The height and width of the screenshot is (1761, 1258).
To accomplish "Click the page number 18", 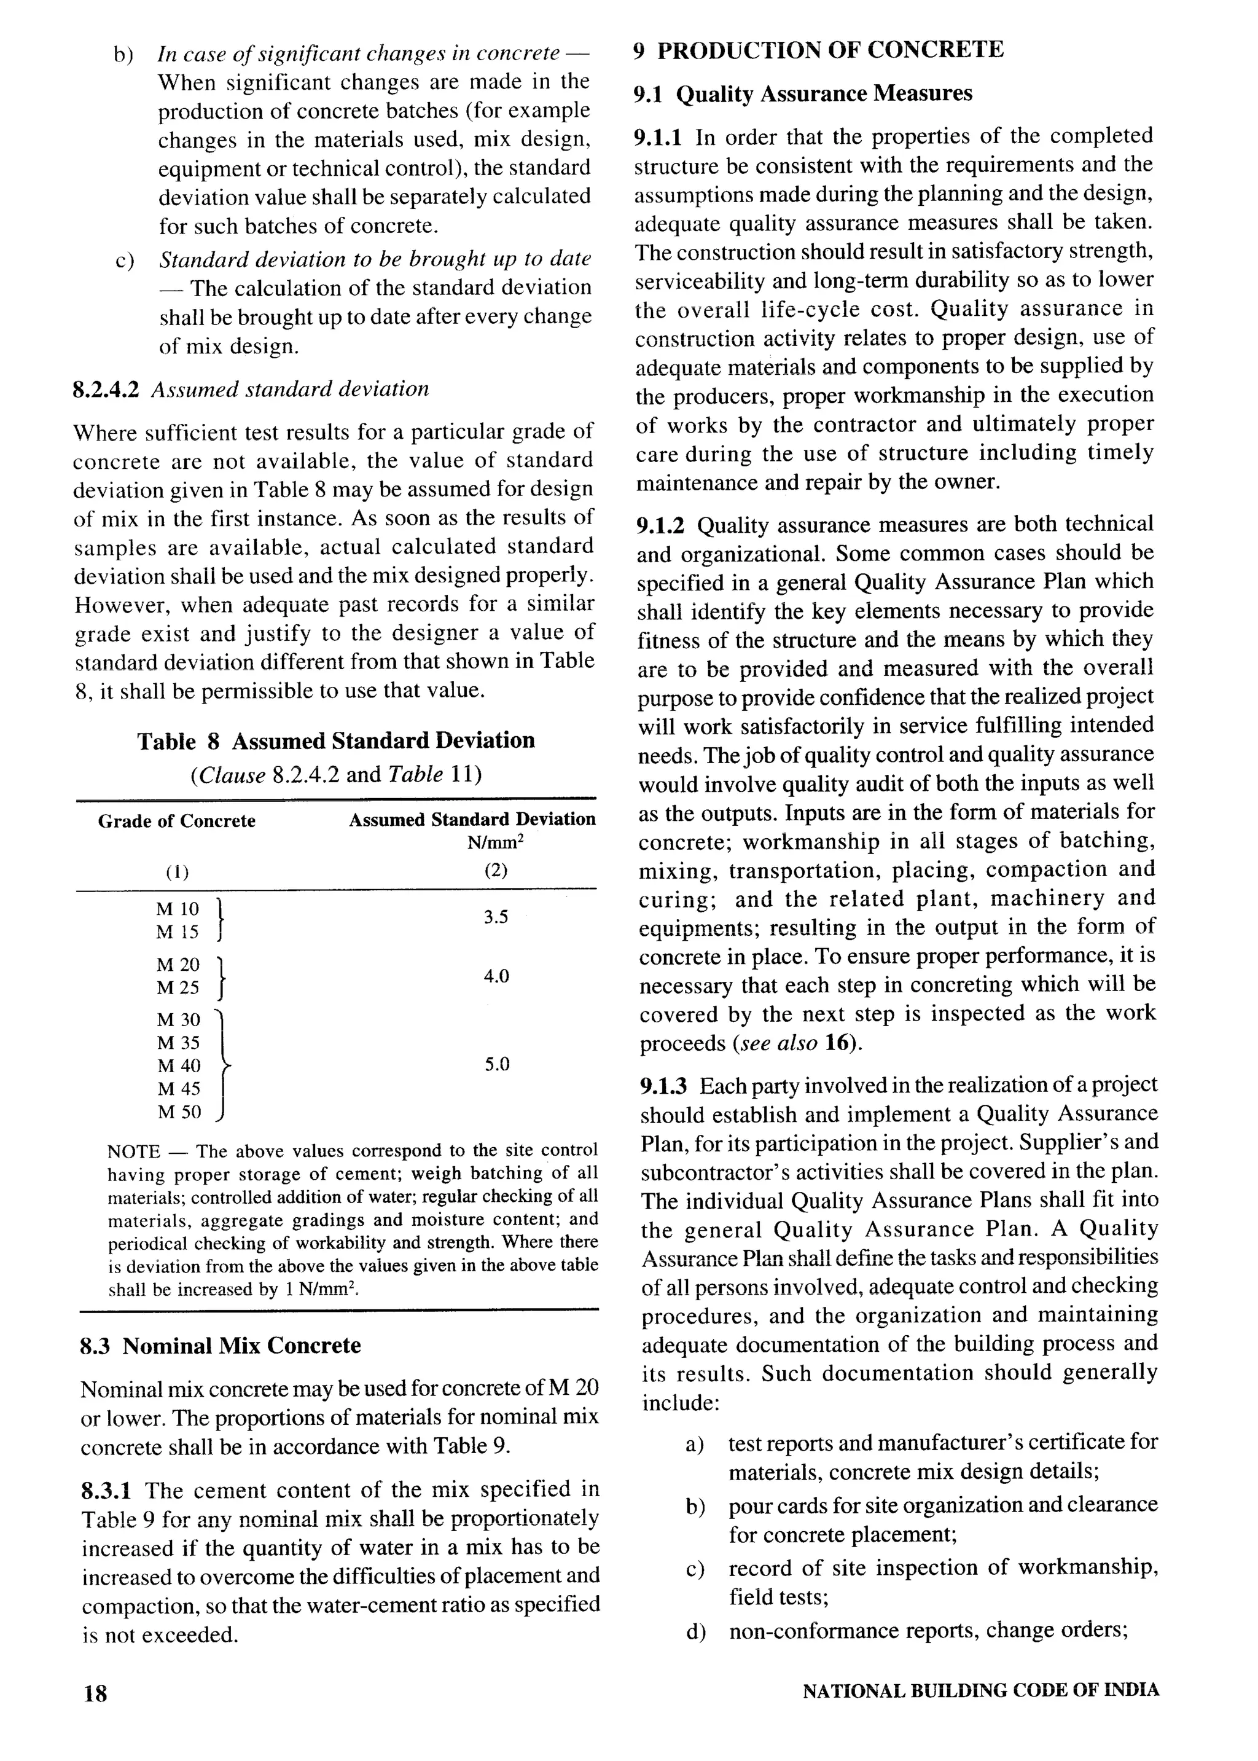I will coord(95,1693).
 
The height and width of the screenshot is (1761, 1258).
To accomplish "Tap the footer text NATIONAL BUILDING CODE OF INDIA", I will coord(981,1690).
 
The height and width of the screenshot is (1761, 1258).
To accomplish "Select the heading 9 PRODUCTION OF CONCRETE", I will coord(818,50).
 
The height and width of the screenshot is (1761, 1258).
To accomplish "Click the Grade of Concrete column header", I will coord(177,822).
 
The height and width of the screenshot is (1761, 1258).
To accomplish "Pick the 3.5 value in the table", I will coord(496,917).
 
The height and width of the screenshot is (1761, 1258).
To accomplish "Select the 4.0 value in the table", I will coord(496,976).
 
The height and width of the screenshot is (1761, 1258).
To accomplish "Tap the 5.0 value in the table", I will coord(496,1064).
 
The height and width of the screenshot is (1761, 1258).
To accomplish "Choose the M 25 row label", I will coord(178,988).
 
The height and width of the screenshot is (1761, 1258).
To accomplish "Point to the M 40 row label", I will coord(178,1066).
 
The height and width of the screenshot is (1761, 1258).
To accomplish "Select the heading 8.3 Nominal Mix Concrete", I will coord(221,1346).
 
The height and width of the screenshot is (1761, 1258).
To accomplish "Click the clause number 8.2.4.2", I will coord(106,389).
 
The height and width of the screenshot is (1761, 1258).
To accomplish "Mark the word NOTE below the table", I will coord(133,1151).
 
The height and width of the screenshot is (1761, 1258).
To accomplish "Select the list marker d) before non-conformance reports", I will coord(695,1631).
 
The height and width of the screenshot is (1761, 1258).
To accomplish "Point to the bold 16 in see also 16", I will coord(835,1043).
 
